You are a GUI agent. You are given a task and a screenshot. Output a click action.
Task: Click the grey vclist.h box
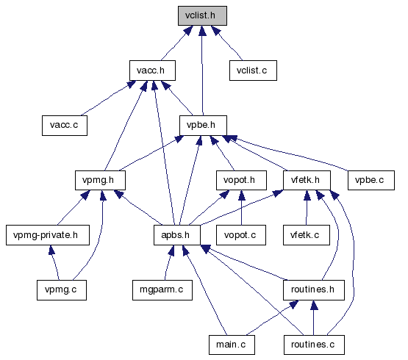(x=202, y=16)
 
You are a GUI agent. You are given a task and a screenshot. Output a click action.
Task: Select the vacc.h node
(x=152, y=71)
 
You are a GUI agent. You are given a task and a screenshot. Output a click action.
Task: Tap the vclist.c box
(x=253, y=71)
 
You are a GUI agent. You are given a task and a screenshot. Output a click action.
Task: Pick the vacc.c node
(x=65, y=126)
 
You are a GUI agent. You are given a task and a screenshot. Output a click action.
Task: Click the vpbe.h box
(x=203, y=126)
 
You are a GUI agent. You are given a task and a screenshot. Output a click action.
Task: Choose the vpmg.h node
(x=100, y=180)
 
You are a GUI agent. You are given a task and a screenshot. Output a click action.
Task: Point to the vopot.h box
(x=241, y=180)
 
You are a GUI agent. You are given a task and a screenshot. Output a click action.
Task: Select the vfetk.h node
(x=307, y=180)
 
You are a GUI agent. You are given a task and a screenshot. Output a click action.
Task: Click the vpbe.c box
(x=371, y=180)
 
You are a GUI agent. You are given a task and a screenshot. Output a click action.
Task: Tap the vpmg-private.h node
(x=48, y=235)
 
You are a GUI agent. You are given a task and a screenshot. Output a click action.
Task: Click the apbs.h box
(x=177, y=235)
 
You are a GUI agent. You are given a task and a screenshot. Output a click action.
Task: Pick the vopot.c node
(x=241, y=235)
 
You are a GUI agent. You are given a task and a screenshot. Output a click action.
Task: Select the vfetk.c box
(x=307, y=235)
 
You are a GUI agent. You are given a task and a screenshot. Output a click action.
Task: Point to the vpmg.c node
(x=62, y=290)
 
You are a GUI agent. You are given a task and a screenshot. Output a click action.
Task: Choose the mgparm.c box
(x=162, y=290)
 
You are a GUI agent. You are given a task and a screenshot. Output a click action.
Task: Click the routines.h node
(x=314, y=290)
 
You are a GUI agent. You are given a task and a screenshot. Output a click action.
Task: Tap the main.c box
(x=232, y=345)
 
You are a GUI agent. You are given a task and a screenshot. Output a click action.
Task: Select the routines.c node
(x=314, y=345)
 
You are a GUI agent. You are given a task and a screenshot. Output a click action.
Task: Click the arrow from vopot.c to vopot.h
(x=241, y=208)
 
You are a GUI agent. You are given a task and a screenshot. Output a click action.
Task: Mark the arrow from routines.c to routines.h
(x=314, y=317)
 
